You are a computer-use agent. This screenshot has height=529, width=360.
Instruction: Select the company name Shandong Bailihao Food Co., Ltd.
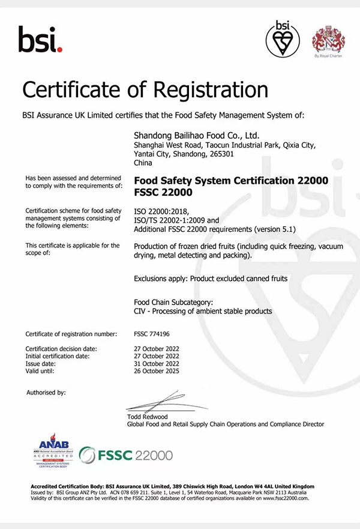pos(196,135)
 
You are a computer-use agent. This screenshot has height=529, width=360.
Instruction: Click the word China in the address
pos(143,163)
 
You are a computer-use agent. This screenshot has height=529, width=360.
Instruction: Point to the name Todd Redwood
pos(148,417)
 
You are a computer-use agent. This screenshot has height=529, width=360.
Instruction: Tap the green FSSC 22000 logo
pos(126,455)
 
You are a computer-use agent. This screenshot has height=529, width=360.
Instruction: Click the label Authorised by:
pos(46,392)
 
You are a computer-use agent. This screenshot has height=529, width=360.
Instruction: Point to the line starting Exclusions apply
pos(210,278)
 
